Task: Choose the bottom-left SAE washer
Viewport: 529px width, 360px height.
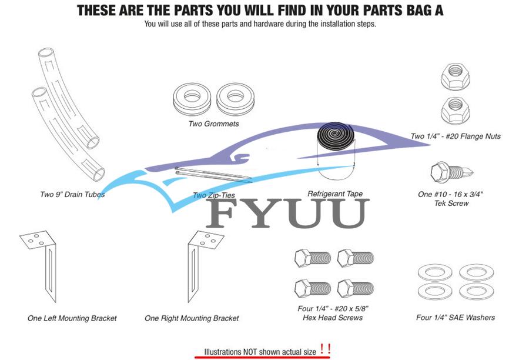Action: [434, 291]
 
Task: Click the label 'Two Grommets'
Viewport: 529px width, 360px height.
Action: [213, 124]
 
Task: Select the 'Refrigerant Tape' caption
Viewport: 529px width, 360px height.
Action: [335, 194]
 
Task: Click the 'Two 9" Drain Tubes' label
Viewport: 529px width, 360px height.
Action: [72, 194]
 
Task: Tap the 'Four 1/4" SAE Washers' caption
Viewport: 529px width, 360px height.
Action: [455, 318]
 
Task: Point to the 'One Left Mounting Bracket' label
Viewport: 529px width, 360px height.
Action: [72, 318]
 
